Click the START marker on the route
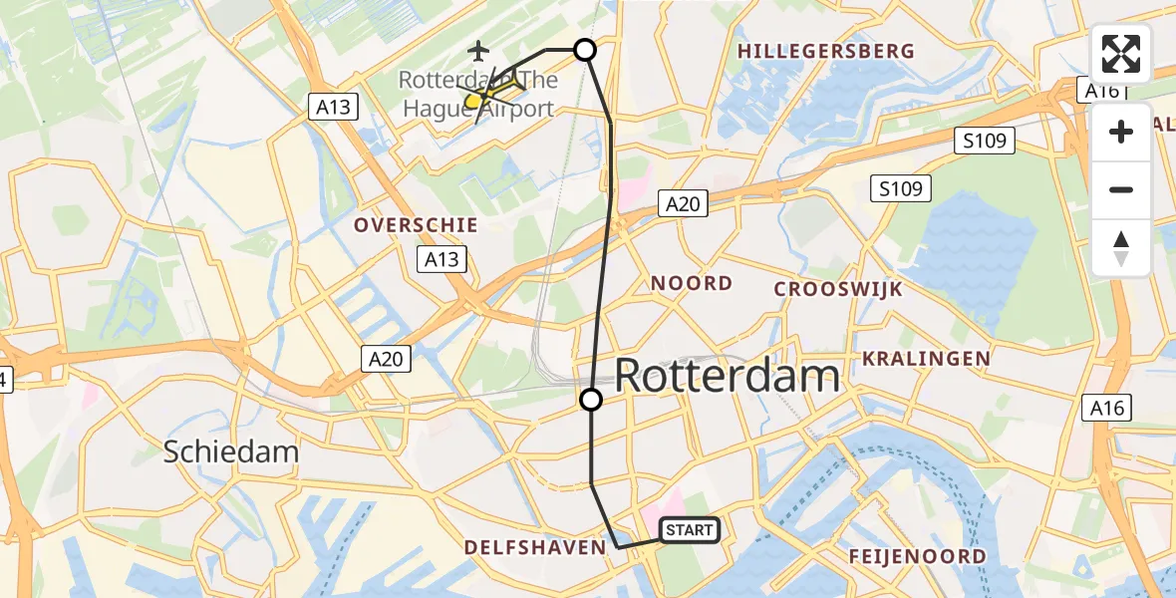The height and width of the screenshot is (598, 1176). coord(690,530)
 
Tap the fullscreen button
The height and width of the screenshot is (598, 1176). coord(1121,54)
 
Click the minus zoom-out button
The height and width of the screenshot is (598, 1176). coord(1121,189)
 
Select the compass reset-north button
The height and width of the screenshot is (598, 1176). coord(1121,248)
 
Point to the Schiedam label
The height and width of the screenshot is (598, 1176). coord(231,451)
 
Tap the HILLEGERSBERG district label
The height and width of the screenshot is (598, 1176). coord(825,51)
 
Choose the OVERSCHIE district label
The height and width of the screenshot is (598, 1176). coord(416,225)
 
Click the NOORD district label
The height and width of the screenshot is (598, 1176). coord(692,284)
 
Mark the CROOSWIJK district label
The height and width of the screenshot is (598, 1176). coord(838,289)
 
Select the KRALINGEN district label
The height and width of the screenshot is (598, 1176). coord(926,358)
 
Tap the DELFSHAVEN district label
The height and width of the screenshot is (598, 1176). coord(535,547)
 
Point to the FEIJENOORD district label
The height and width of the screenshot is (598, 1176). coord(917,556)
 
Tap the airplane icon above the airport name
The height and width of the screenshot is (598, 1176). coord(479,49)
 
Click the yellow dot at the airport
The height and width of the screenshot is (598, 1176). coord(472,101)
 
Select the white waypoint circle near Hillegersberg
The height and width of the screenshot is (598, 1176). coord(585,50)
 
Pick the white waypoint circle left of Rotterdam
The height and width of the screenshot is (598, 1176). coord(591,400)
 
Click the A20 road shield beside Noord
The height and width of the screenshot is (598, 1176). coord(683,204)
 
